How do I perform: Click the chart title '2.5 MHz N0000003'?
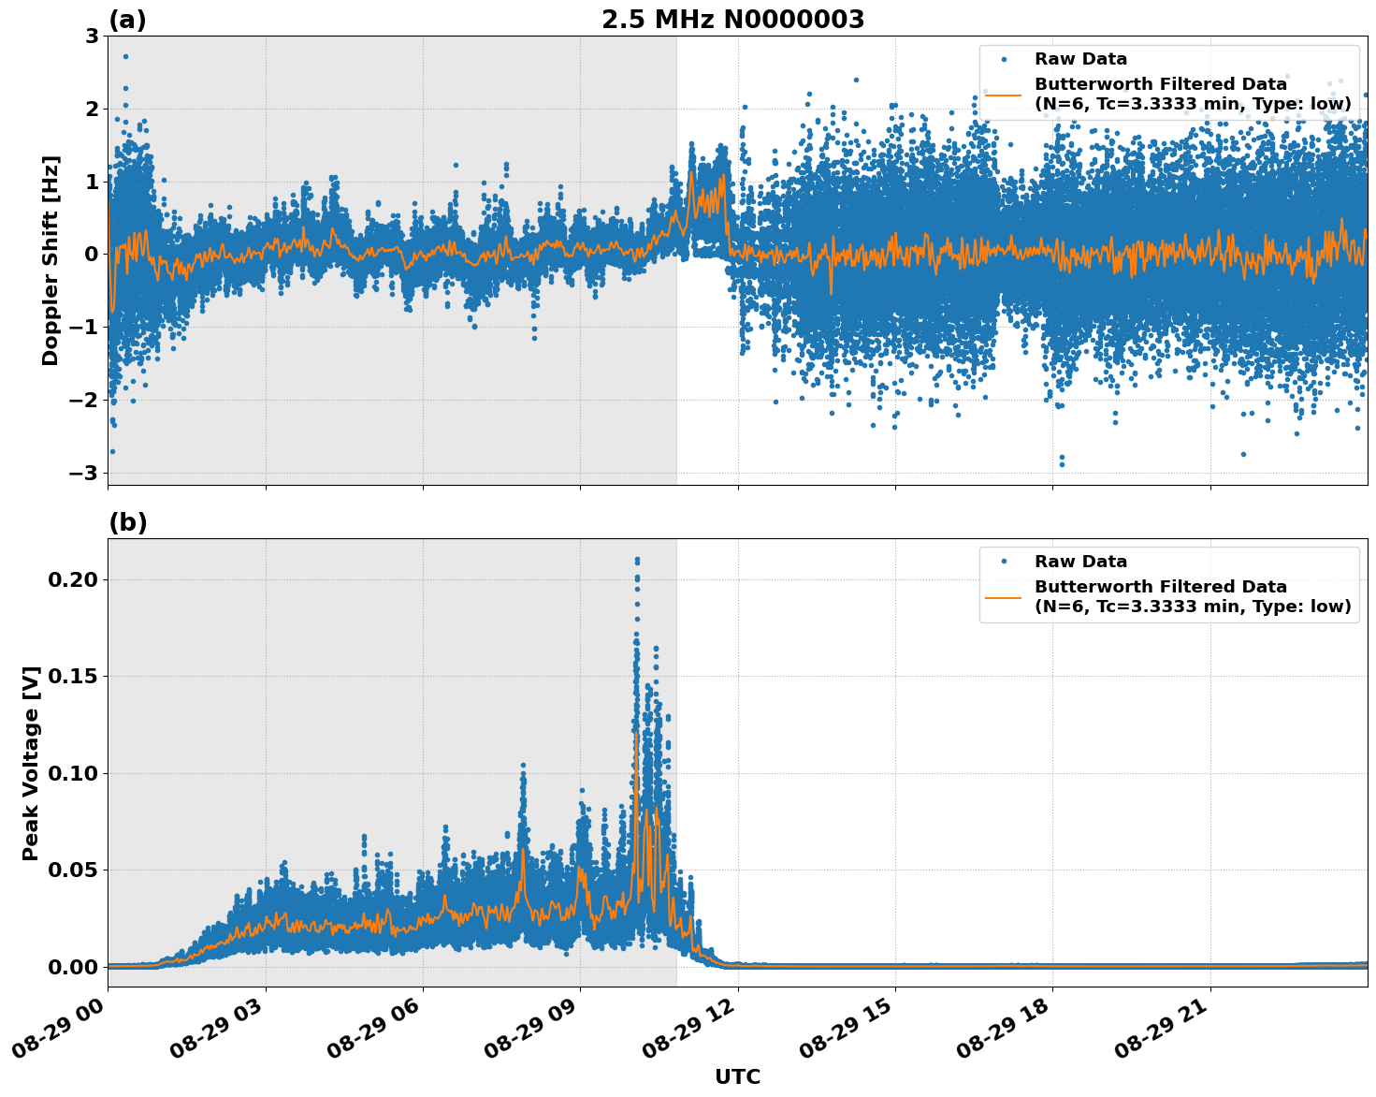(732, 20)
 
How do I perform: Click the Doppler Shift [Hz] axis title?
(51, 260)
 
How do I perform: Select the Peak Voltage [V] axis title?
(31, 763)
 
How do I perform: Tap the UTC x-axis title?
(737, 1076)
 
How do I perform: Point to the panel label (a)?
(127, 20)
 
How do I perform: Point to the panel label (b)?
(127, 522)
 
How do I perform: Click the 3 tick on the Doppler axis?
(92, 37)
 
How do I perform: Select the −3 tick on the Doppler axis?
(84, 474)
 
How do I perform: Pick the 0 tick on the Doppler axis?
(92, 255)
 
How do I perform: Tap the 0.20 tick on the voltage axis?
(72, 579)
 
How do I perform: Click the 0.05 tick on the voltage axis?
(72, 870)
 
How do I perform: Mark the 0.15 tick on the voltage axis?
(72, 676)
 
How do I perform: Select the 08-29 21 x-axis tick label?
(1165, 1030)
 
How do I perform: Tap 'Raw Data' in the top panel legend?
(1080, 59)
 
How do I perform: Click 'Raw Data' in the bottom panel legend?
(1080, 562)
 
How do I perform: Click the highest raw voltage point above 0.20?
(637, 560)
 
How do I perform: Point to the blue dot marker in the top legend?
(1004, 59)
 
